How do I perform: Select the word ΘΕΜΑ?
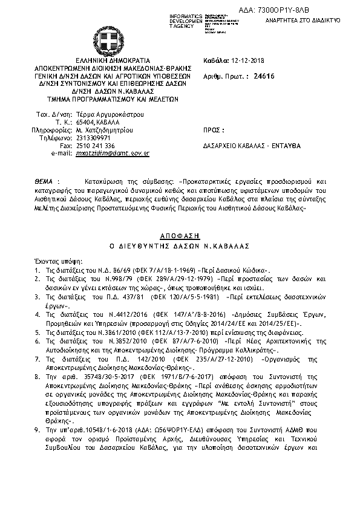(x=44, y=181)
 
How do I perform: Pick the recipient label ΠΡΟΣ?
(x=215, y=130)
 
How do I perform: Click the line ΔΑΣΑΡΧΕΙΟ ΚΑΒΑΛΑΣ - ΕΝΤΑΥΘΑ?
(x=252, y=146)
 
